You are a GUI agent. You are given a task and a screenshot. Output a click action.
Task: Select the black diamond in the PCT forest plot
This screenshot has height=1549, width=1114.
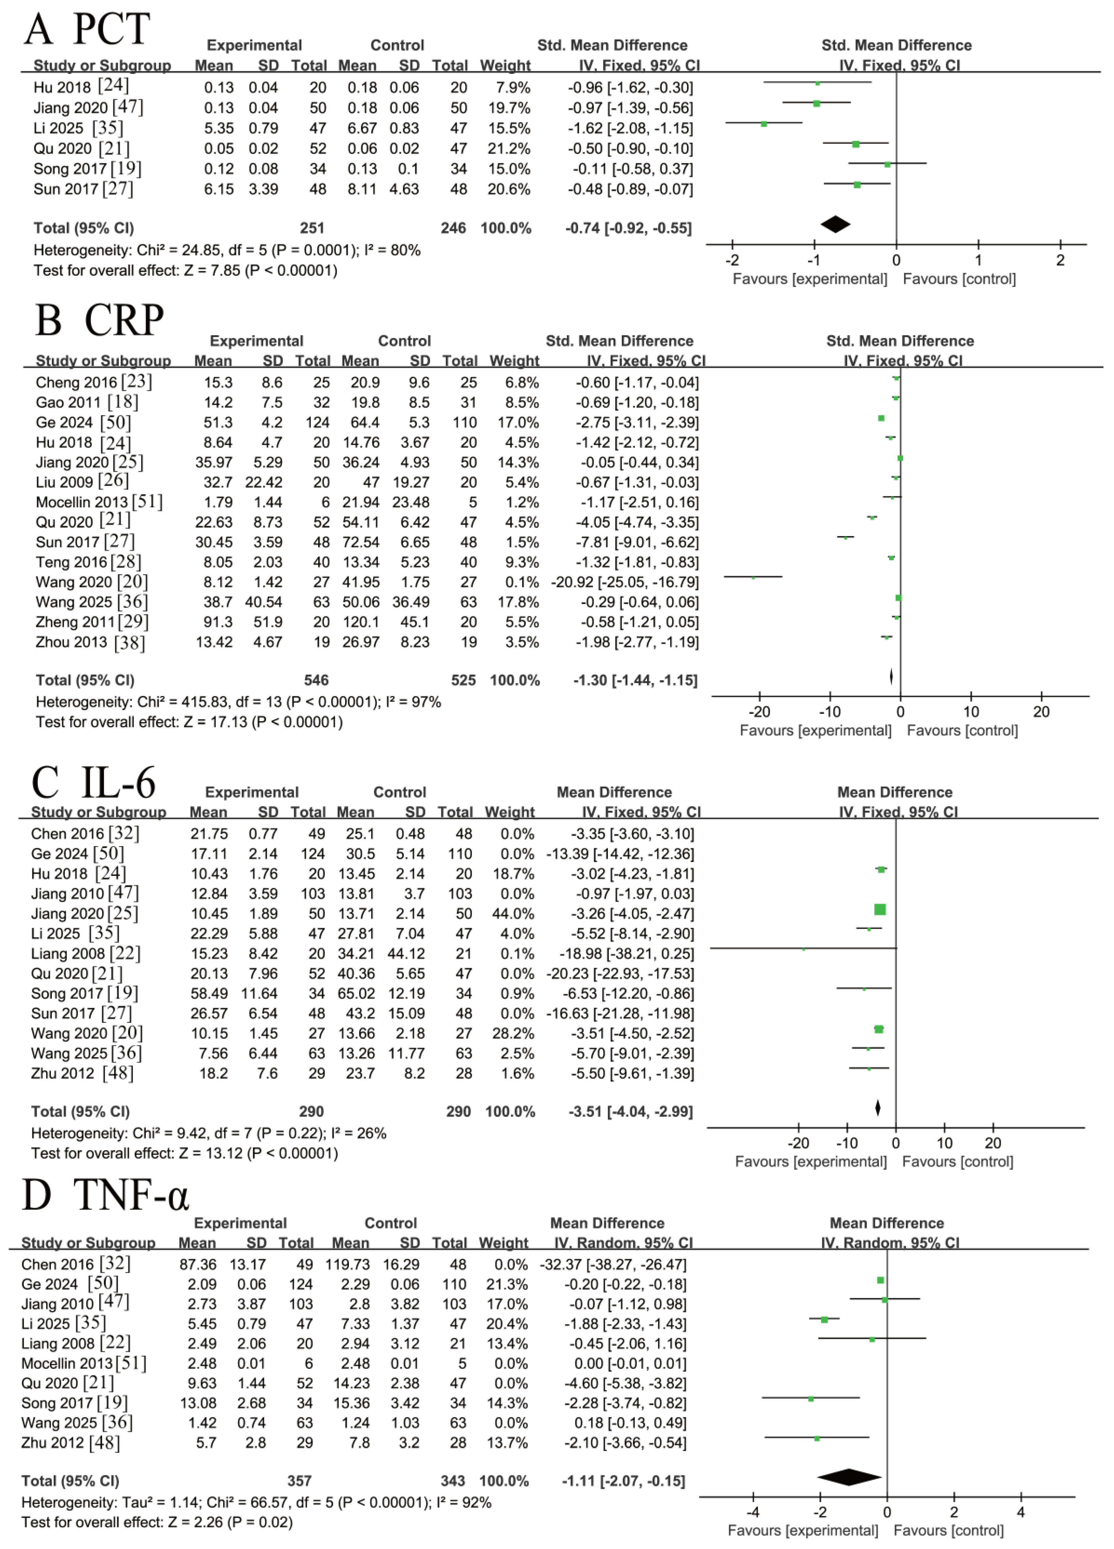(x=835, y=224)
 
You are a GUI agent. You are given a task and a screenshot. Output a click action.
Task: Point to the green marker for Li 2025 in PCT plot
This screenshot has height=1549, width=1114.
(x=764, y=124)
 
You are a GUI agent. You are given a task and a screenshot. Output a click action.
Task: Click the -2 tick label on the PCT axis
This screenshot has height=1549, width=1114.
(x=732, y=260)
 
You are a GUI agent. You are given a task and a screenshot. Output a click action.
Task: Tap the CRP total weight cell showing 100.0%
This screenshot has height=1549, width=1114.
(x=515, y=680)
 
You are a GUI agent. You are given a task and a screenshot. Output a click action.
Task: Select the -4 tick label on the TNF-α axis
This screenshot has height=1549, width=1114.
(x=752, y=1512)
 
